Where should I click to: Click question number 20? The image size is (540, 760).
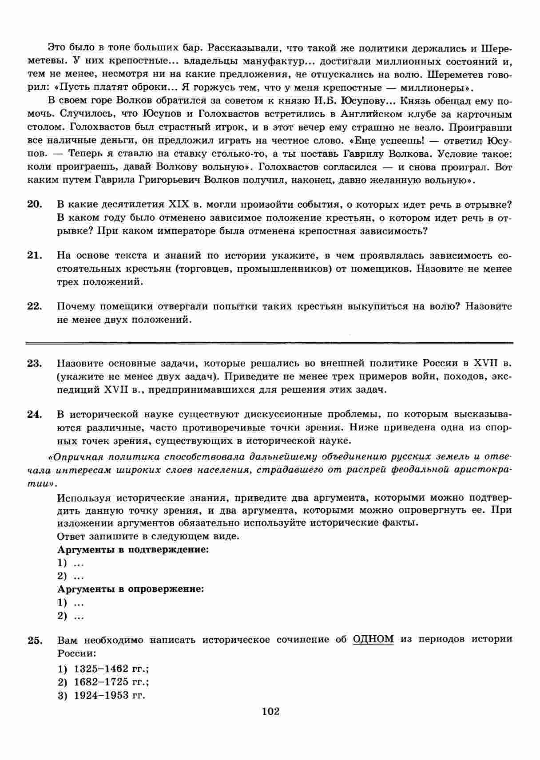(x=35, y=205)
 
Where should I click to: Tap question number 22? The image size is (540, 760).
(x=35, y=306)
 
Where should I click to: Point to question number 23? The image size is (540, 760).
(x=35, y=364)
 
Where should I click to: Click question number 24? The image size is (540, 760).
(x=35, y=415)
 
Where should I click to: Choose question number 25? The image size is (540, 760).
(x=35, y=640)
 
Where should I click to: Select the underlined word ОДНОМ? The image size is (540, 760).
(x=373, y=639)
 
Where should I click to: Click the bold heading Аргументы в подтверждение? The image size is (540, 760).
(x=133, y=550)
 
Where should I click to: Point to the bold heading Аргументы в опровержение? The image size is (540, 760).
(x=131, y=590)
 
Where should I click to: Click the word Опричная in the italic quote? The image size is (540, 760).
(x=71, y=457)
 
